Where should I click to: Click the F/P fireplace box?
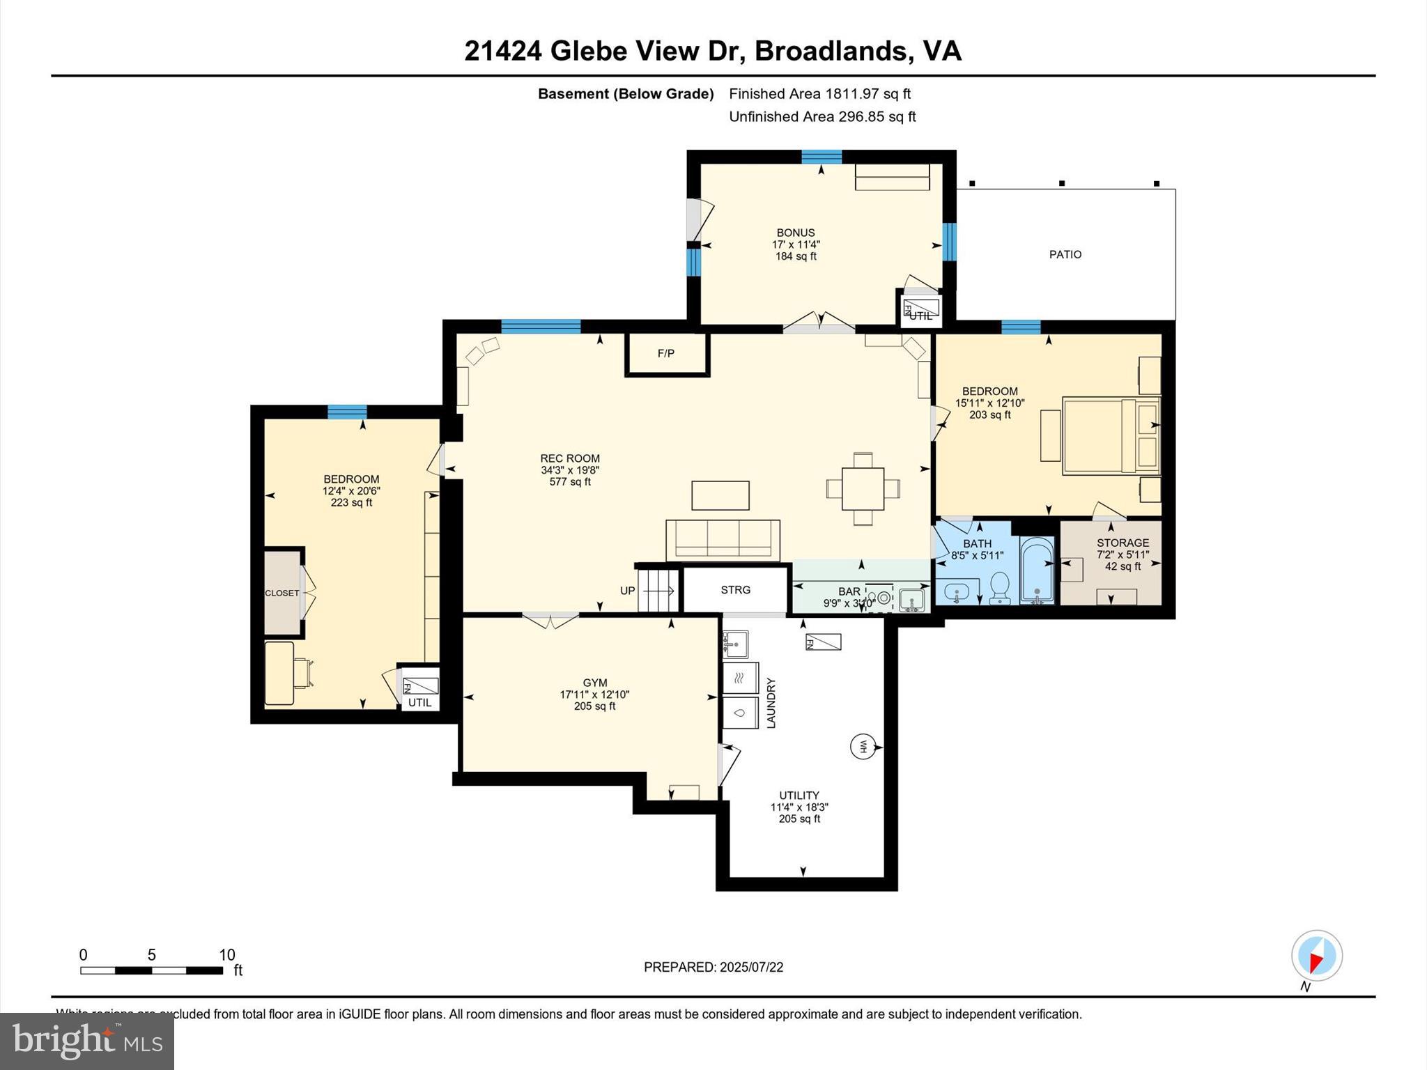(x=667, y=354)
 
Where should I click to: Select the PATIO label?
(x=1065, y=255)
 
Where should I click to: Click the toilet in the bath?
(x=1000, y=587)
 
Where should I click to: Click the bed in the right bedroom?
(x=1110, y=436)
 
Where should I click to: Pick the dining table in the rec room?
(x=863, y=488)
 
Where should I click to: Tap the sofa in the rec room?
(x=723, y=540)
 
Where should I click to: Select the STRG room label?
(x=736, y=590)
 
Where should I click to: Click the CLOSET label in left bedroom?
(x=282, y=594)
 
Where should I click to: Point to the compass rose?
(x=1316, y=956)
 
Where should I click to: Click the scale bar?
(x=151, y=970)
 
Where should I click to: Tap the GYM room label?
(x=595, y=683)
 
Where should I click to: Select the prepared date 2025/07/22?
(x=713, y=967)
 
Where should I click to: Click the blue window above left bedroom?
(x=347, y=412)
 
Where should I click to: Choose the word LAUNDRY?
(x=771, y=703)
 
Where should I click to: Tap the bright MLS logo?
(x=87, y=1041)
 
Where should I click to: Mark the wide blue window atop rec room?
(x=541, y=326)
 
